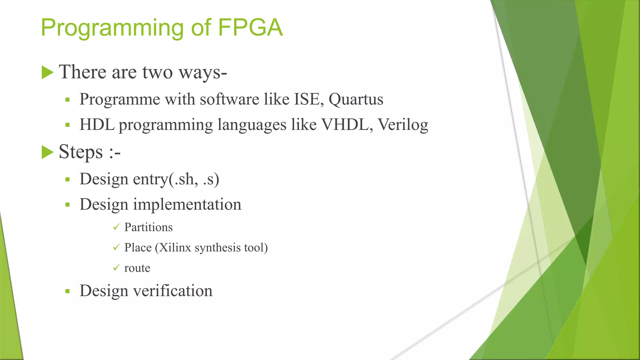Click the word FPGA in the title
250,27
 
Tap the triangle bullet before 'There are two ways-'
47,72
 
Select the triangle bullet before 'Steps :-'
47,152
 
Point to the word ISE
308,99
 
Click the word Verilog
403,125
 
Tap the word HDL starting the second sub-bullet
97,125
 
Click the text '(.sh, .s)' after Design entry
194,179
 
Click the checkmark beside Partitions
116,227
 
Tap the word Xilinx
175,247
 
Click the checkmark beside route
116,268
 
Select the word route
137,268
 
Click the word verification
173,291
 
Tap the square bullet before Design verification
67,291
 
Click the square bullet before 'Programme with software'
67,100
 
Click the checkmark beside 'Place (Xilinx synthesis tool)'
116,247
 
